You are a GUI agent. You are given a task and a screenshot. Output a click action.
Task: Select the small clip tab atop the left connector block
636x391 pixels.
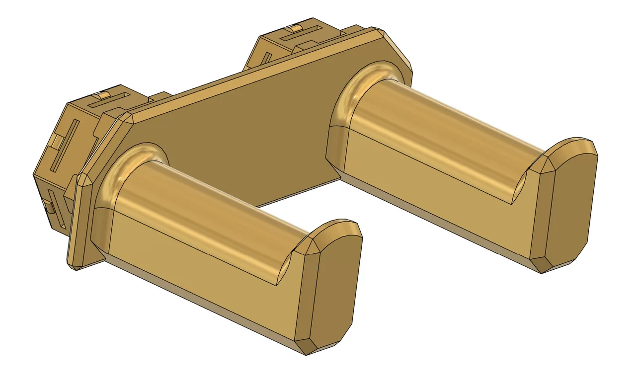click(103, 94)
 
